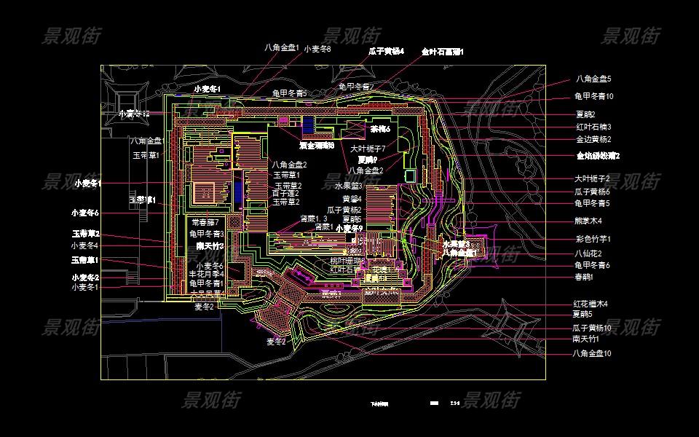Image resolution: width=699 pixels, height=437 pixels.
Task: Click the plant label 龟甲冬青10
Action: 594,96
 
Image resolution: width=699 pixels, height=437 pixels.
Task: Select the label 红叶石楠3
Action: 593,127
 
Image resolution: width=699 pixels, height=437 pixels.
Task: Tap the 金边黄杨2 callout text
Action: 593,139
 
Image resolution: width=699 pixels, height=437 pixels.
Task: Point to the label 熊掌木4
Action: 588,221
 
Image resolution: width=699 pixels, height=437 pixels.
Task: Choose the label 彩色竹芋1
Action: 593,239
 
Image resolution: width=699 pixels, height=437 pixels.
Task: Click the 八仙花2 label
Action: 588,253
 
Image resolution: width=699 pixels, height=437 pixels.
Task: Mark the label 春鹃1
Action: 584,277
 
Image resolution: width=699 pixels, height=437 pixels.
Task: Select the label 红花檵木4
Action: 591,304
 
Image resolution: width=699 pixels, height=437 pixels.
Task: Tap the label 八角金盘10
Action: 592,353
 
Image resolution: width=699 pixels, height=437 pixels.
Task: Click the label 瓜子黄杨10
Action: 592,328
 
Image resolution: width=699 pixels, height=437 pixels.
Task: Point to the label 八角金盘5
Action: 593,79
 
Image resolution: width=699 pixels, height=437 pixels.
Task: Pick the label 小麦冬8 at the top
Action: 317,49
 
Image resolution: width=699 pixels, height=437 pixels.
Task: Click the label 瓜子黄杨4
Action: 386,51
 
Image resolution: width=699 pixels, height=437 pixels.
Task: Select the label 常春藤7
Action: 205,222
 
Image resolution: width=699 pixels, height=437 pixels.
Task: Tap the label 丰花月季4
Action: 207,274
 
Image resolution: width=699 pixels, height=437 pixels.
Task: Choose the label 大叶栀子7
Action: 368,149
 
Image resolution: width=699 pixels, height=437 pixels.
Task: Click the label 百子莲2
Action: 286,193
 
